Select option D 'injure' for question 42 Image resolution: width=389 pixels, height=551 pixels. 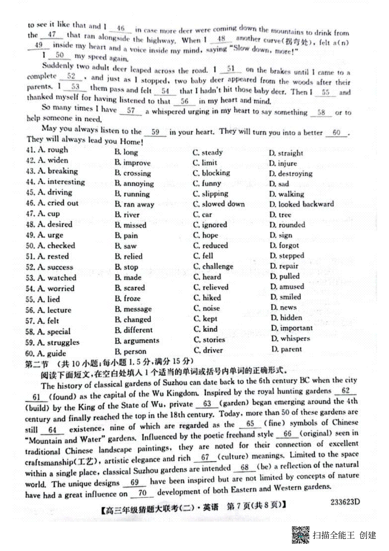[283, 163]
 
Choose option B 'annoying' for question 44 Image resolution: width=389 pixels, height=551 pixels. [134, 184]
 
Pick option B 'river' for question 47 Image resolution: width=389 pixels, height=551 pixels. [127, 215]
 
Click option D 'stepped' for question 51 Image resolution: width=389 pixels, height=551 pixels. [287, 256]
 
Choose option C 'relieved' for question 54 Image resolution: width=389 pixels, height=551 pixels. [211, 287]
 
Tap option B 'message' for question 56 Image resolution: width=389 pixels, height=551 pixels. [133, 309]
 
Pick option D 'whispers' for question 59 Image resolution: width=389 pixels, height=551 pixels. [290, 338]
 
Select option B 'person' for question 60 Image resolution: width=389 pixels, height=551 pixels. [131, 351]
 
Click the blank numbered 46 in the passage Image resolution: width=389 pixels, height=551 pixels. [121, 29]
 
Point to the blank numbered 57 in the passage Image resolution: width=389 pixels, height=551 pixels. [131, 111]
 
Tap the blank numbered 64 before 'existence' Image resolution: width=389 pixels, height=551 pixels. [52, 430]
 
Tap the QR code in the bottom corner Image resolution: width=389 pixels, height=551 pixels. [301, 535]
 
